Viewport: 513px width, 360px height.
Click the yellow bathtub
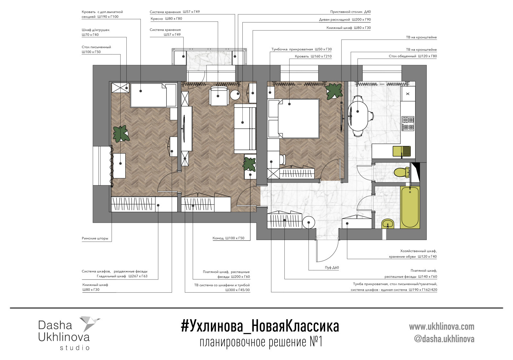click(x=410, y=207)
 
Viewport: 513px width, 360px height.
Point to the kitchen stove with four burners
click(x=408, y=124)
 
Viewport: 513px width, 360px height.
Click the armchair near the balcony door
click(x=218, y=96)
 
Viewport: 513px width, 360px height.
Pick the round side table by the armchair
click(x=236, y=95)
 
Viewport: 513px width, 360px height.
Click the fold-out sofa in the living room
click(x=244, y=129)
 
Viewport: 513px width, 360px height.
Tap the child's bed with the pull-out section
click(x=153, y=95)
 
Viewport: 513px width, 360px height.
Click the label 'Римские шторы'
click(x=95, y=238)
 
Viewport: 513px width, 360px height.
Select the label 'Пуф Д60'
click(x=332, y=268)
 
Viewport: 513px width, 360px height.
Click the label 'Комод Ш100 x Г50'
click(x=228, y=238)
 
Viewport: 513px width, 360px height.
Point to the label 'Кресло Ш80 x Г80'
click(x=166, y=19)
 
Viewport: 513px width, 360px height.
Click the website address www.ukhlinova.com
click(x=441, y=327)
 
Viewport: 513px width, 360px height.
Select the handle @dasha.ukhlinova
click(x=444, y=339)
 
